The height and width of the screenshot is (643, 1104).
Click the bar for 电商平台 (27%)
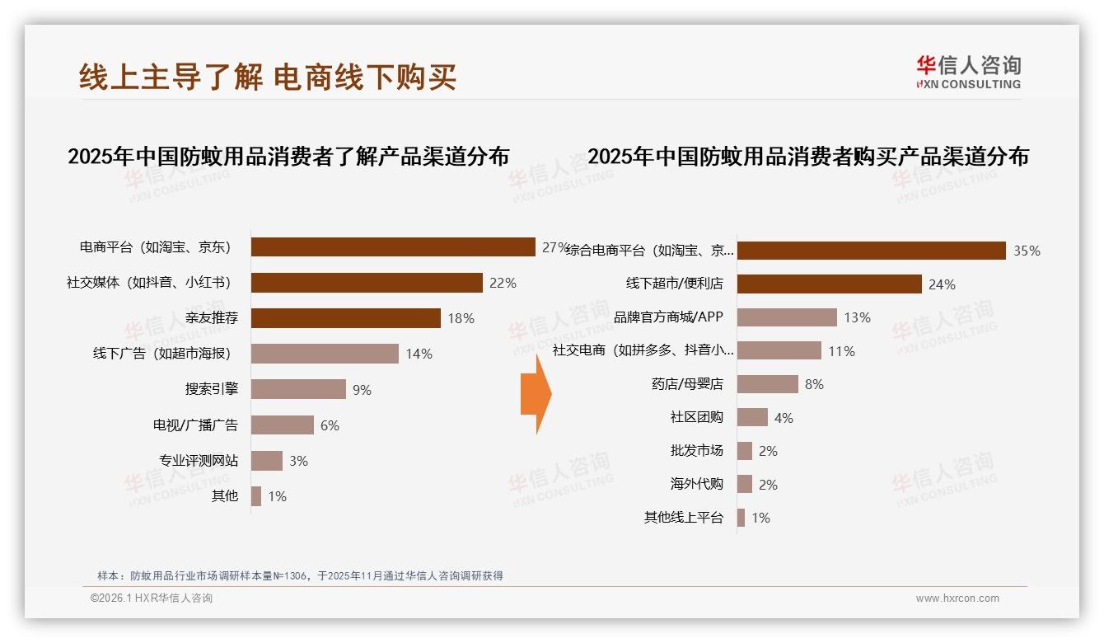(393, 247)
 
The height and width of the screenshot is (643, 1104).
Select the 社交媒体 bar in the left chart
(367, 283)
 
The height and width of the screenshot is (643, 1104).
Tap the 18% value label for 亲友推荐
(461, 318)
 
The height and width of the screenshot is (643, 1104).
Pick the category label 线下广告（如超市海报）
(161, 354)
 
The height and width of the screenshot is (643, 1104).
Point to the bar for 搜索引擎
(298, 389)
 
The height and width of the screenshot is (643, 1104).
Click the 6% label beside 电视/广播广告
(330, 425)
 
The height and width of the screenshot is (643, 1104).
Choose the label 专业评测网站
(199, 461)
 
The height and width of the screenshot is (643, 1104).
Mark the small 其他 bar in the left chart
(256, 496)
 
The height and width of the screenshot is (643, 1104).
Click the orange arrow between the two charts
(536, 394)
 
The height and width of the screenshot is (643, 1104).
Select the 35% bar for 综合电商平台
(871, 251)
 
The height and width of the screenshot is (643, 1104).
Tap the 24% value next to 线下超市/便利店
(942, 284)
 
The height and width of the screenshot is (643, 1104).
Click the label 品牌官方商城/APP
(668, 317)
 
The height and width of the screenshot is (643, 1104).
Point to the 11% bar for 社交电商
(779, 350)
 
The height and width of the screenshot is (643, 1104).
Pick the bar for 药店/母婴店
(767, 384)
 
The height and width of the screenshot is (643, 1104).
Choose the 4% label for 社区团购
(784, 418)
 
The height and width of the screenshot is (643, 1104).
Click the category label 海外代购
(696, 484)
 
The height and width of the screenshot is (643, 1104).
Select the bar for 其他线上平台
(741, 518)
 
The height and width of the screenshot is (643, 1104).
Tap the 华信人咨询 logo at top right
(968, 71)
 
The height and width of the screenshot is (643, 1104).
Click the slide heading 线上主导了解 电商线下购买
(268, 77)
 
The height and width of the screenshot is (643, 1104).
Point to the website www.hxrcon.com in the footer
(957, 598)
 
